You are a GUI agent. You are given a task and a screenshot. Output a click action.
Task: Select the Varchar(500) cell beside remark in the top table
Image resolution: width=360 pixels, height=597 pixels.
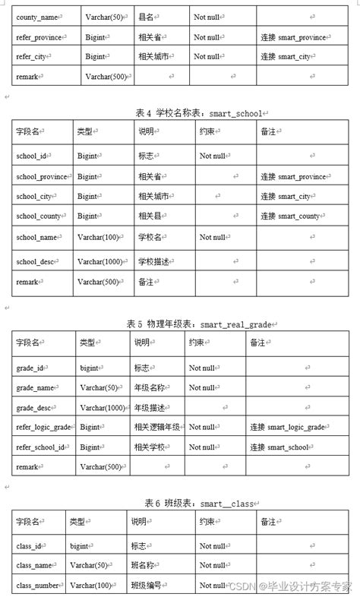[x=104, y=76]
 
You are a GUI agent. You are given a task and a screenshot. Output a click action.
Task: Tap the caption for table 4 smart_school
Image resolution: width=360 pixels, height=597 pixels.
[x=203, y=112]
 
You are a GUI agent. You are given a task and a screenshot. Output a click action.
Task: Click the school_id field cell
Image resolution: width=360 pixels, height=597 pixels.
[x=34, y=156]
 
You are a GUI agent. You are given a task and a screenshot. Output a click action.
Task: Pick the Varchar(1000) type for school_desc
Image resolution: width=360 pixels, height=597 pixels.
[x=103, y=262]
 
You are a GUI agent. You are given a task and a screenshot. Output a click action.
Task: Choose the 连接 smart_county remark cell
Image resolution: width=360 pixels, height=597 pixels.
[x=291, y=216]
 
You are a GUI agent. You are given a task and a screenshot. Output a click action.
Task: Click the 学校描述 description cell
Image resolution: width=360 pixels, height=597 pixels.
[x=154, y=262]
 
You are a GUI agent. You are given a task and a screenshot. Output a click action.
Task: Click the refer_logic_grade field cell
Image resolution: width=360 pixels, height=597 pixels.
[x=44, y=427]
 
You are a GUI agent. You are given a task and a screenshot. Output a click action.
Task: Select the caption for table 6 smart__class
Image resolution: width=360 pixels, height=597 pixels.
[x=198, y=503]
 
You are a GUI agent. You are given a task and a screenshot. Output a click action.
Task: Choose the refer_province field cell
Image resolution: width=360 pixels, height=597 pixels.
[x=43, y=36]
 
